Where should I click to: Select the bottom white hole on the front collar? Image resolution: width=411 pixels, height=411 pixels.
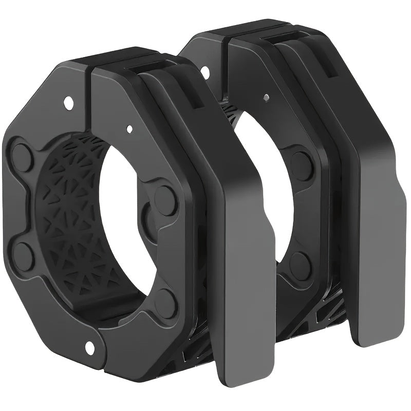click(90, 348)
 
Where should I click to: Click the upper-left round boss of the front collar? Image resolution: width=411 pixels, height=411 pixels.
click(22, 154)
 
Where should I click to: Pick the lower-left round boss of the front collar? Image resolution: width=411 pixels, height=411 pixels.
click(23, 255)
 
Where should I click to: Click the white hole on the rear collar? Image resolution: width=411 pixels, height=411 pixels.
click(206, 72)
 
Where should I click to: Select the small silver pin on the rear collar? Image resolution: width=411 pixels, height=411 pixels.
click(265, 97)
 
